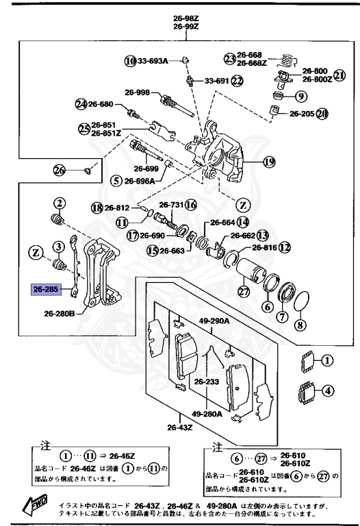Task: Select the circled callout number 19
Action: [268, 162]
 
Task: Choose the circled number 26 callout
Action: [60, 170]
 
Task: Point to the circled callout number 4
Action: [328, 391]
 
